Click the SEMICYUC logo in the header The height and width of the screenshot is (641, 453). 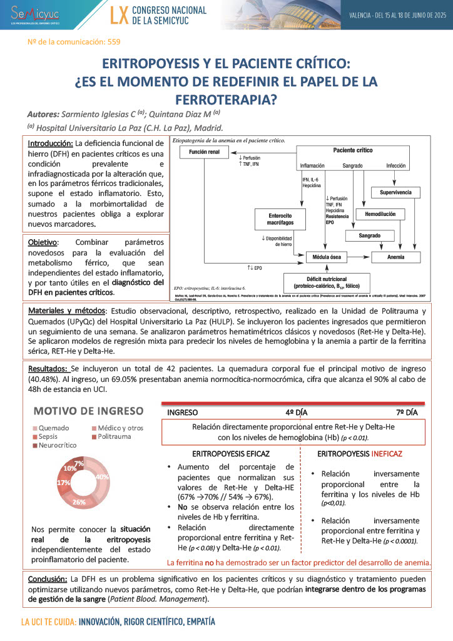(32, 14)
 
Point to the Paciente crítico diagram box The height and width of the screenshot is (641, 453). (353, 151)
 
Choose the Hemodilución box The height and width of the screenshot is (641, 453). (375, 215)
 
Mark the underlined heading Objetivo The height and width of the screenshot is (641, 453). (43, 242)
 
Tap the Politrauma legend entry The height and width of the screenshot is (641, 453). (114, 436)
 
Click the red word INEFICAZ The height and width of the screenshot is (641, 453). (387, 453)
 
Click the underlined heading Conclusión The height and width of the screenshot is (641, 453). (48, 579)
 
